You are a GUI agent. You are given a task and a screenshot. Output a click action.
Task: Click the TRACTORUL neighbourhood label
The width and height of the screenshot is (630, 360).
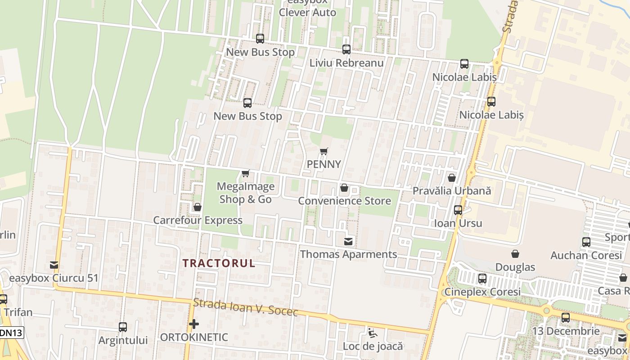219,263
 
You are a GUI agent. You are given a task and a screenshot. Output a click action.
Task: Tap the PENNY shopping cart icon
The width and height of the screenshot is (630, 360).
324,152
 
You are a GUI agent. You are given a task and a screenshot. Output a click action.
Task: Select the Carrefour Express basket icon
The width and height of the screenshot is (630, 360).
197,207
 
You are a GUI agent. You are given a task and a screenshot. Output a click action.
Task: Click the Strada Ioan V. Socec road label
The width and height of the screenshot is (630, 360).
246,307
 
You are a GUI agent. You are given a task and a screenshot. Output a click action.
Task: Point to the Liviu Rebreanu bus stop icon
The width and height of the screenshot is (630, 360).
346,49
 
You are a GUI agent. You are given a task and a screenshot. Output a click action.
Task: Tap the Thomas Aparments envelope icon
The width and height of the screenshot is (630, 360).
348,242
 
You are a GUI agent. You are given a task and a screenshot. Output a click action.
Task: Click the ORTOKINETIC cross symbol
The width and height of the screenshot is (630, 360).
194,324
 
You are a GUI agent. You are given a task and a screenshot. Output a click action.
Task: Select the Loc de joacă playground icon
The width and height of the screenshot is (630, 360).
373,333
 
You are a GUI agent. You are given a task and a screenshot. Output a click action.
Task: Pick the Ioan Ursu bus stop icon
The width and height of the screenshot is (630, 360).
458,210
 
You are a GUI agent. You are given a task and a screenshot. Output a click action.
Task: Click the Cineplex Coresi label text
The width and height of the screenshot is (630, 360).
482,292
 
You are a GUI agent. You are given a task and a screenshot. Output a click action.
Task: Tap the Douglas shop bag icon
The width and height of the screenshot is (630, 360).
515,254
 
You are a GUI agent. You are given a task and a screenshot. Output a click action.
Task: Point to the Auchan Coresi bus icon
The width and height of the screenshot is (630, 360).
586,242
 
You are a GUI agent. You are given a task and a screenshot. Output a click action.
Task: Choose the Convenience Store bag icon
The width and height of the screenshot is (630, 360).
344,188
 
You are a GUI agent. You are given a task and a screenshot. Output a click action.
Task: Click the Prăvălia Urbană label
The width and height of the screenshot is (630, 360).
452,191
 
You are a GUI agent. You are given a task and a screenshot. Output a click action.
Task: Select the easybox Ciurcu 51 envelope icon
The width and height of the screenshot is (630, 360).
54,265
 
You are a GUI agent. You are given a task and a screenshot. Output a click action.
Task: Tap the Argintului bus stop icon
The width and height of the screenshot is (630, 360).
123,327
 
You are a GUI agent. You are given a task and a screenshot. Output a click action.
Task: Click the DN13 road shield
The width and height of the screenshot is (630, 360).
11,333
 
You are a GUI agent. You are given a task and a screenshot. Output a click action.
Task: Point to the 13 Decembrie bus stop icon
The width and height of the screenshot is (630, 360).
566,318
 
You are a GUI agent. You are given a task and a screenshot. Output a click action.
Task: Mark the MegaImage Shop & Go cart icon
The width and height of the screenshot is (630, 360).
246,173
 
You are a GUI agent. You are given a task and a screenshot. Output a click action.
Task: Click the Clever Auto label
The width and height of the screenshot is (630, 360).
307,12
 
